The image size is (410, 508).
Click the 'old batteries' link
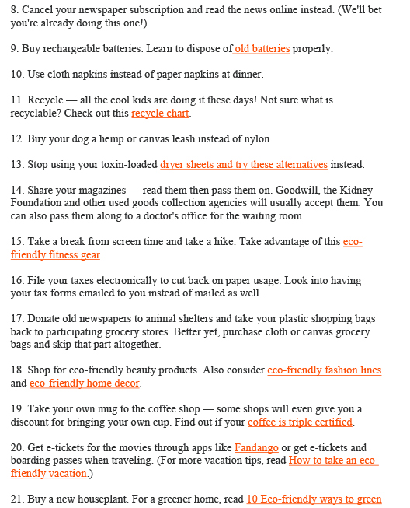(262, 49)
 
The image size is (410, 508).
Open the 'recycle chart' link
(160, 114)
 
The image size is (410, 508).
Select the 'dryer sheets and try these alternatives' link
(244, 165)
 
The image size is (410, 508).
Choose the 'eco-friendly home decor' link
(85, 384)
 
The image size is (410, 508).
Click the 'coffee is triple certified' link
(300, 422)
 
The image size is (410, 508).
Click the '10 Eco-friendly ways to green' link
(314, 499)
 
